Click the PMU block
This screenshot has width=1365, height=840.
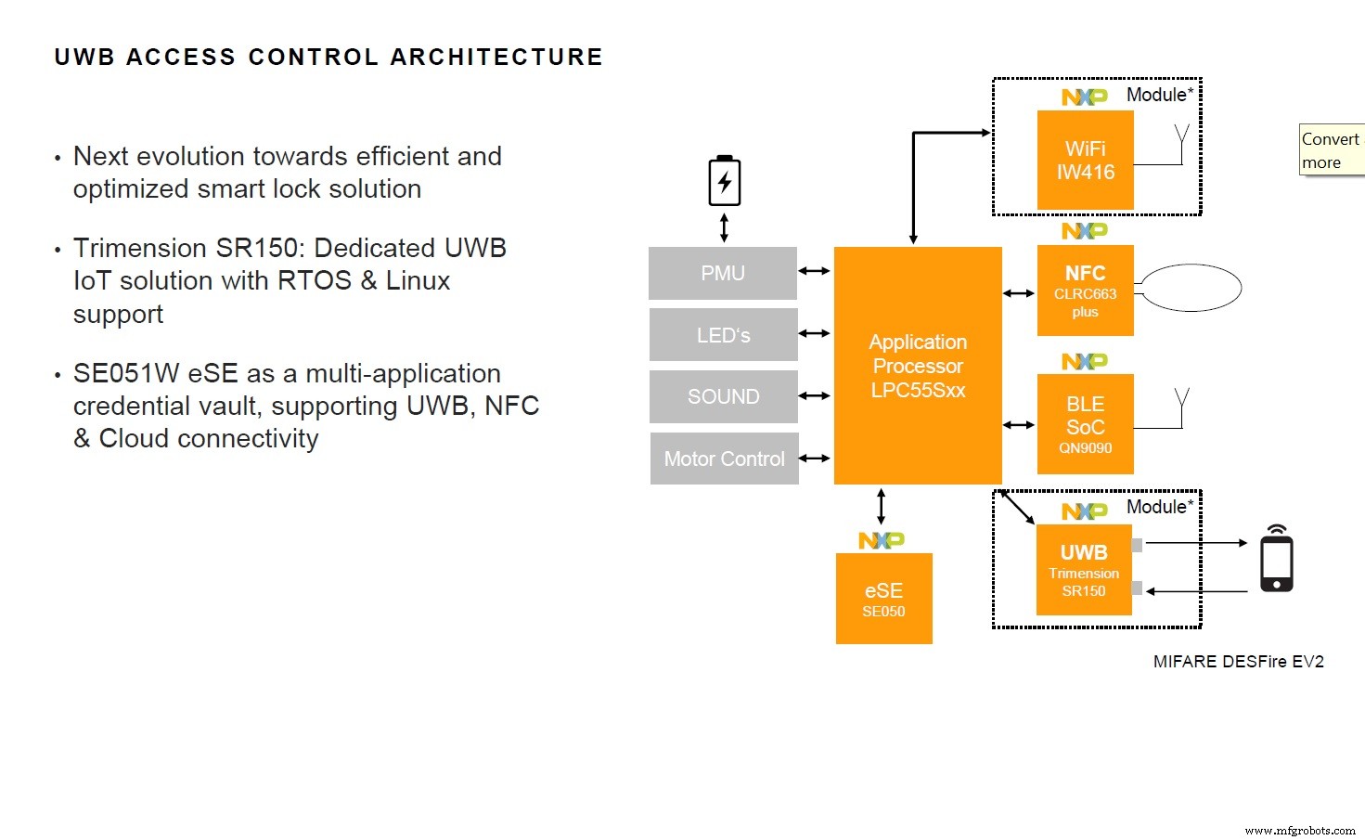pyautogui.click(x=722, y=273)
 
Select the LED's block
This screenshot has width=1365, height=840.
pyautogui.click(x=723, y=335)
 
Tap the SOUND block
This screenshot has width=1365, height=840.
pyautogui.click(x=723, y=396)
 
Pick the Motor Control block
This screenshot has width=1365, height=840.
pyautogui.click(x=724, y=459)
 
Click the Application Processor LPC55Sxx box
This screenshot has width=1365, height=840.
pyautogui.click(x=918, y=366)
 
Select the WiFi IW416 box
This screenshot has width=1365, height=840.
pyautogui.click(x=1085, y=161)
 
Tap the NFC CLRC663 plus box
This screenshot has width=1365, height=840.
pyautogui.click(x=1085, y=291)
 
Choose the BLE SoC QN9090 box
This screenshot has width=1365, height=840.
pyautogui.click(x=1085, y=424)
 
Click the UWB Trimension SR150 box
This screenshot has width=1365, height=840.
pyautogui.click(x=1084, y=570)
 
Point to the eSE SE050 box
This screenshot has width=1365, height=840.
pyautogui.click(x=883, y=599)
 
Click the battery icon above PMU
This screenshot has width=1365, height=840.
pyautogui.click(x=724, y=181)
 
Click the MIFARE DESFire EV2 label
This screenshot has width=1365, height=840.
pyautogui.click(x=1238, y=662)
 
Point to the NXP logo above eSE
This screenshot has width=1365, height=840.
pyautogui.click(x=881, y=540)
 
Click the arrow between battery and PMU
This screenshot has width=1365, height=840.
pyautogui.click(x=724, y=227)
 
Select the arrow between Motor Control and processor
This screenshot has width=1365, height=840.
pyautogui.click(x=814, y=458)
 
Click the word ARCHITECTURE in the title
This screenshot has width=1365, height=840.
pyautogui.click(x=496, y=58)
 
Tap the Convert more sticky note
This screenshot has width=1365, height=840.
pyautogui.click(x=1332, y=150)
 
